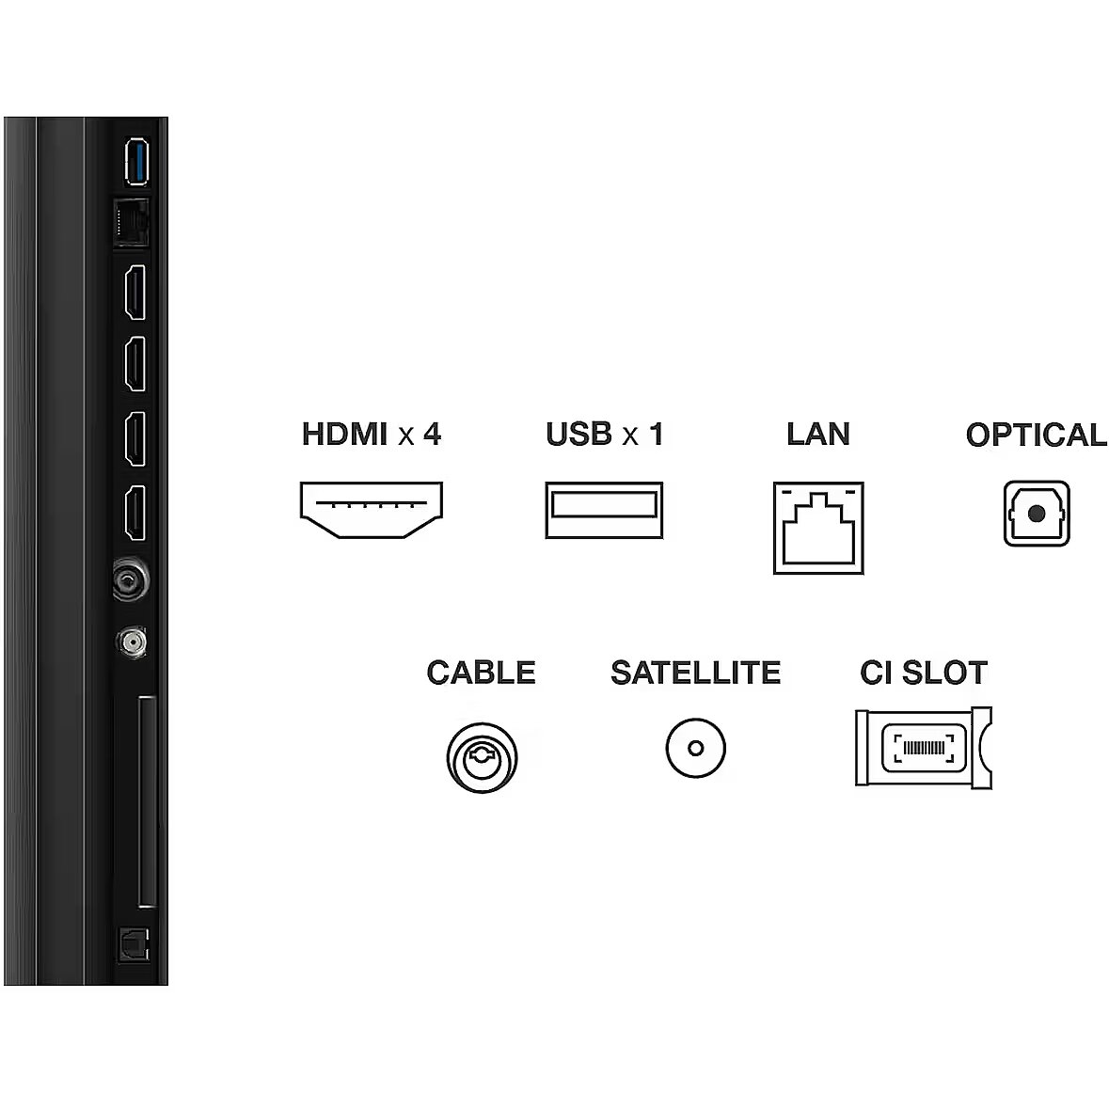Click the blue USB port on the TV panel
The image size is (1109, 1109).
(x=136, y=162)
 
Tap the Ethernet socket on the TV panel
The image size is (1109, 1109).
(x=132, y=223)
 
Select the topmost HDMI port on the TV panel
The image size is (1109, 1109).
(x=135, y=293)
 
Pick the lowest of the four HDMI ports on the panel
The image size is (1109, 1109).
(x=135, y=513)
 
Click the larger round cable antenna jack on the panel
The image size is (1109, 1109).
(x=131, y=580)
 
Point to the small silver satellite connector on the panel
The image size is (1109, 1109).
(x=132, y=642)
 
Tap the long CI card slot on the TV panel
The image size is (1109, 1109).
(x=147, y=801)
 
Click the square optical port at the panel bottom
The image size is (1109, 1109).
(x=134, y=945)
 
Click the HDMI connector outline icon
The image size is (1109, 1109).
(x=372, y=510)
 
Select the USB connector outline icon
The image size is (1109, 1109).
(x=604, y=510)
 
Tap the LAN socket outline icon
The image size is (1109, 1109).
(x=818, y=528)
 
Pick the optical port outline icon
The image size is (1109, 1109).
(x=1037, y=514)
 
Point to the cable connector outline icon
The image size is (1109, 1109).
(x=482, y=757)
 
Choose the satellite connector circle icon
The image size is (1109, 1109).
(x=695, y=749)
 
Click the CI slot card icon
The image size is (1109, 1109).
(x=924, y=748)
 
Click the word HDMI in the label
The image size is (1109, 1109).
(x=345, y=435)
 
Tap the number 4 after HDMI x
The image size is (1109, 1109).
(x=432, y=435)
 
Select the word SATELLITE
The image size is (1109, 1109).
(x=696, y=673)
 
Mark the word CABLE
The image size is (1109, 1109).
(x=481, y=673)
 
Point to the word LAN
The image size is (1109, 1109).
(x=818, y=435)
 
